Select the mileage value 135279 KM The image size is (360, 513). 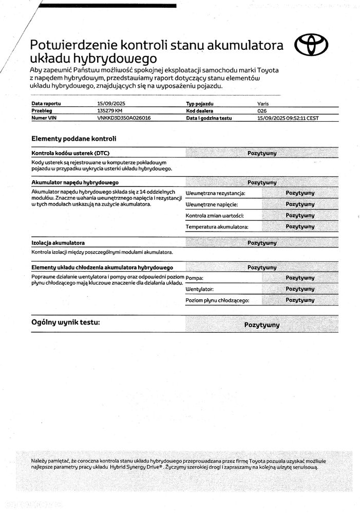click(x=110, y=110)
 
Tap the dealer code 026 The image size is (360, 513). click(x=261, y=110)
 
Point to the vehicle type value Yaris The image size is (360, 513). click(x=263, y=103)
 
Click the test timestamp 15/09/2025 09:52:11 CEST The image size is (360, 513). click(x=288, y=118)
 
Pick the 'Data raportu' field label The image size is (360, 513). click(x=46, y=103)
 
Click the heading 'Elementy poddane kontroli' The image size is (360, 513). click(x=74, y=139)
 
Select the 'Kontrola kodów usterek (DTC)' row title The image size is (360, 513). click(x=70, y=153)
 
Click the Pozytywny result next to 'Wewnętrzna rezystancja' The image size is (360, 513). click(x=300, y=193)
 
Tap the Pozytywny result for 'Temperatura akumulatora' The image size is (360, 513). click(x=300, y=226)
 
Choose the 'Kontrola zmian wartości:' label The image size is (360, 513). click(x=214, y=216)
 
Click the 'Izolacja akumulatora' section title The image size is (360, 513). click(x=58, y=242)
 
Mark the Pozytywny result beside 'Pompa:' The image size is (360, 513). click(x=300, y=278)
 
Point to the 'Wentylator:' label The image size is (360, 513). click(x=199, y=290)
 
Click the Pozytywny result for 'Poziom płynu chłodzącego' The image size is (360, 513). click(x=300, y=300)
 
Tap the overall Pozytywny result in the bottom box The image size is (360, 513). click(x=262, y=325)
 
